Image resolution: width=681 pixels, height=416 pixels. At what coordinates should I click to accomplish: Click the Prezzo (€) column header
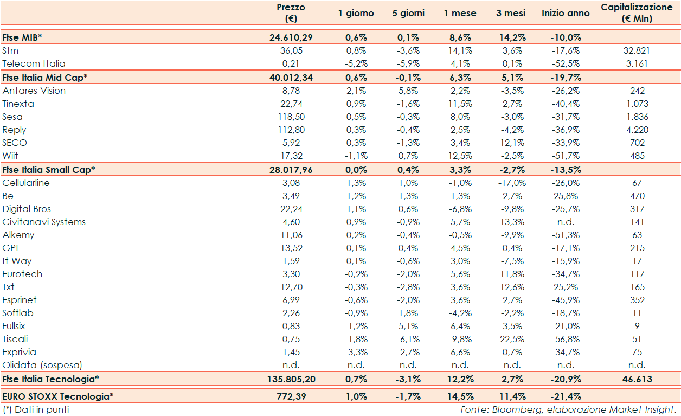[291, 13]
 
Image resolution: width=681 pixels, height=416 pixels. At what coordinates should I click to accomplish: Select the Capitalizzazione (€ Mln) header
[637, 13]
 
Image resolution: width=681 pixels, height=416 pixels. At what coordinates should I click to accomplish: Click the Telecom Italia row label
[34, 63]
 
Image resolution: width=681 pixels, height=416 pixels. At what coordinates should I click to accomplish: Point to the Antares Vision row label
[34, 91]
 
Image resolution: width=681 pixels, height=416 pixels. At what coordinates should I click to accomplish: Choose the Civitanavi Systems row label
[44, 222]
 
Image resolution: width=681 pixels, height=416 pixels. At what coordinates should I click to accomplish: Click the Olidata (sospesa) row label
[43, 365]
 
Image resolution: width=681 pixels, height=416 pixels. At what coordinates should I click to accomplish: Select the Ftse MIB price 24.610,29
[291, 37]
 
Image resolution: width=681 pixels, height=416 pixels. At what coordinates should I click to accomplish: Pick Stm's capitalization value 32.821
[637, 50]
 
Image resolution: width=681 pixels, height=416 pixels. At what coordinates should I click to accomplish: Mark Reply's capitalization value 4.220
[637, 130]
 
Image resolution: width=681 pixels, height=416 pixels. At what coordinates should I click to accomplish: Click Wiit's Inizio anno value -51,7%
[566, 156]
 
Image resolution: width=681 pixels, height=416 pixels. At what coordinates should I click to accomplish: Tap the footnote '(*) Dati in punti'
[36, 409]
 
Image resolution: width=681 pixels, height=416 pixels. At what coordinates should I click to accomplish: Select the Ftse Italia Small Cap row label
[49, 169]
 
